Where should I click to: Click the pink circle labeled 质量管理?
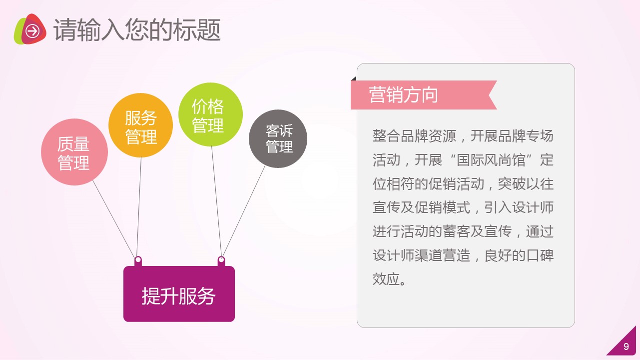point(74,152)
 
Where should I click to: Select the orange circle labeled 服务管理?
point(140,125)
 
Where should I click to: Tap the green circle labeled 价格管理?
point(210,114)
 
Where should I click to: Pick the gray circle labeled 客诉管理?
point(278,138)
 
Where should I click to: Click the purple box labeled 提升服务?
point(179,294)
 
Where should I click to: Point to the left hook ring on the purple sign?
point(138,260)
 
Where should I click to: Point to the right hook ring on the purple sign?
point(221,260)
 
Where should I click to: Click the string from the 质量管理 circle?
point(114,218)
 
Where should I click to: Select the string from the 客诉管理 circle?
point(244,211)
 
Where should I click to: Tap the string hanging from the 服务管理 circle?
point(139,206)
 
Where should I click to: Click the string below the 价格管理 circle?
point(216,201)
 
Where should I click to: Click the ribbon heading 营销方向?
point(424,95)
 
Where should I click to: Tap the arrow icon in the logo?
point(32,31)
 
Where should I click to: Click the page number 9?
point(627,346)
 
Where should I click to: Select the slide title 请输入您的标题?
point(137,29)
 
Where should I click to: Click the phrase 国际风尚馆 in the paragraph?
point(491,160)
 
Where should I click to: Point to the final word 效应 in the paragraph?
point(386,279)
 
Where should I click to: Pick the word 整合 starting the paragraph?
point(386,136)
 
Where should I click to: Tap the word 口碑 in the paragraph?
point(540,255)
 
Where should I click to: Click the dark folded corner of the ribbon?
point(354,78)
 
